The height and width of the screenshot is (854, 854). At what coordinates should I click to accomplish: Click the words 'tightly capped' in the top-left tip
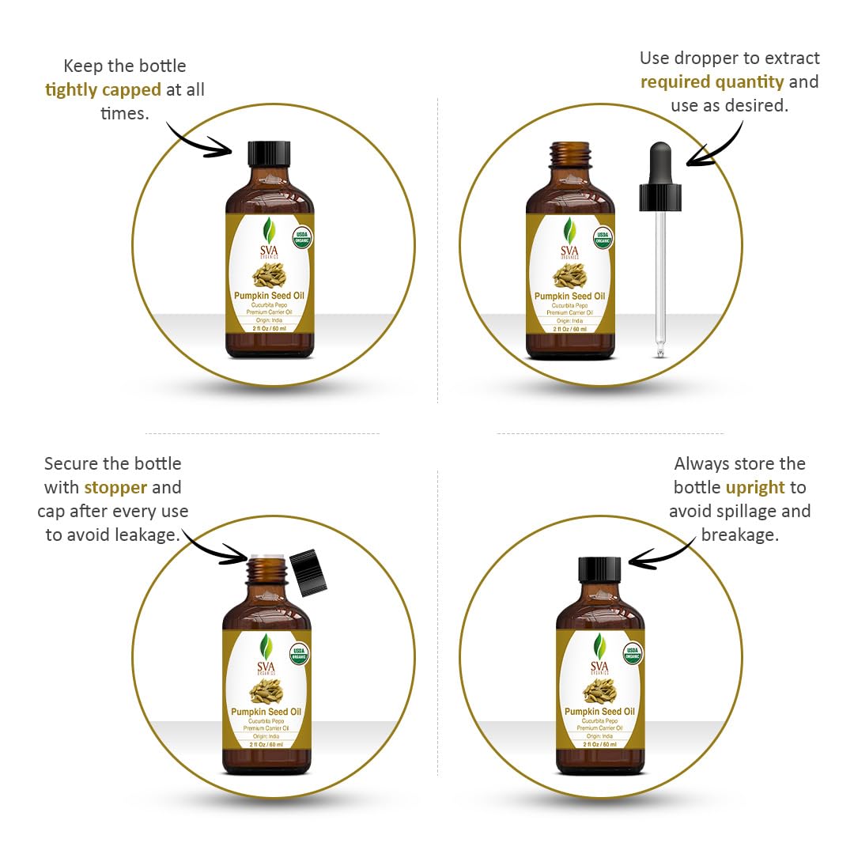(x=103, y=90)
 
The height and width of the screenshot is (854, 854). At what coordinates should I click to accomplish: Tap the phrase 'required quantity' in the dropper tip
(x=712, y=82)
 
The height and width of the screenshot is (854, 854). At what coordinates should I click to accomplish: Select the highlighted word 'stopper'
(x=115, y=488)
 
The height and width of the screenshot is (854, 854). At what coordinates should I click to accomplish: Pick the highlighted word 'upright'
(x=755, y=488)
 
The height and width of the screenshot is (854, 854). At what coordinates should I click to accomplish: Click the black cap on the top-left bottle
(x=270, y=153)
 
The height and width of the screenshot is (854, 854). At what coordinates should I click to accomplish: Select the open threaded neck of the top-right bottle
(x=570, y=153)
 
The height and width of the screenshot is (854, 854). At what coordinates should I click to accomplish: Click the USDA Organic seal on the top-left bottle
(x=300, y=238)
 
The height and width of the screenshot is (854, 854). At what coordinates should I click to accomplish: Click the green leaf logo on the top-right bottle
(x=570, y=230)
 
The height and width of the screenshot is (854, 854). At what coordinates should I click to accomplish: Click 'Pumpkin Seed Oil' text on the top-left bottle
(x=269, y=296)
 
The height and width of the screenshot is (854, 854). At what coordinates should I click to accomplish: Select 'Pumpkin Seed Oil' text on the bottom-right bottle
(x=599, y=712)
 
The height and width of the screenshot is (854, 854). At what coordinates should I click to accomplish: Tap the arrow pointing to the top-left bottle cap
(x=198, y=138)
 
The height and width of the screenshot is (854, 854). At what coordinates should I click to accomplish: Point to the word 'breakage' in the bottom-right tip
(x=739, y=535)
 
